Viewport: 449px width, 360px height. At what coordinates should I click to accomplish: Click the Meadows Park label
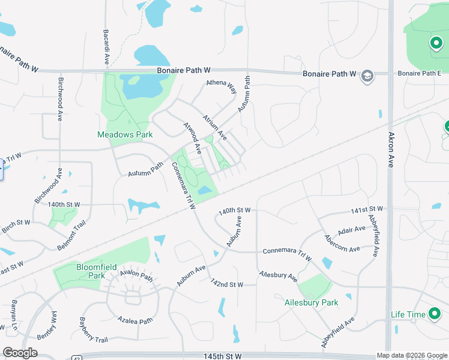125,134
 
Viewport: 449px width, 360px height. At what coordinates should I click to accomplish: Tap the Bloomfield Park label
91,271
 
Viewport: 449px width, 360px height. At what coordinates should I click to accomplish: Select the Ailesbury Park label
311,303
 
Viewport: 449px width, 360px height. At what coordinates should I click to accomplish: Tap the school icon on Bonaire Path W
367,75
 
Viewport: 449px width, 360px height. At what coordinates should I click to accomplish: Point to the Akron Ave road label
391,149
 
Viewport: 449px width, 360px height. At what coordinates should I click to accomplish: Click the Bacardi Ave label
106,46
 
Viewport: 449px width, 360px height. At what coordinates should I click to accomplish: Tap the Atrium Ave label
214,125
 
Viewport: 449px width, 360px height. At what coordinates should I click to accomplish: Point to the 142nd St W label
226,283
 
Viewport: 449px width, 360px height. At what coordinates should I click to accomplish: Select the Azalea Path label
135,321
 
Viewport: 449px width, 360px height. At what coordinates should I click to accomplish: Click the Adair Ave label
351,230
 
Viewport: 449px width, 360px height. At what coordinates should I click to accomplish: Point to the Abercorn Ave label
342,244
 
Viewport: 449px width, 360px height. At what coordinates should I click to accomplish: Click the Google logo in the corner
20,353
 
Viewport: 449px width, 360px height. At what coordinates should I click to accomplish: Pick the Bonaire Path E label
419,73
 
